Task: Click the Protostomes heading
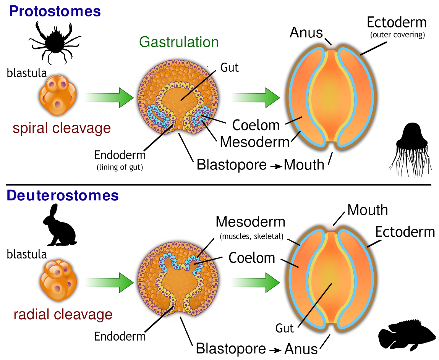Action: click(x=55, y=11)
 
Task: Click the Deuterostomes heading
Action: click(x=63, y=195)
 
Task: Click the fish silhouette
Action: click(x=407, y=335)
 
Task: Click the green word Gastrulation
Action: click(x=179, y=42)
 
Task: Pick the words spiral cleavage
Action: click(x=62, y=128)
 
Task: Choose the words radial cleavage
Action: click(x=63, y=315)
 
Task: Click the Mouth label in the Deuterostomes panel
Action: click(x=367, y=210)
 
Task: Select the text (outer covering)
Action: click(x=396, y=36)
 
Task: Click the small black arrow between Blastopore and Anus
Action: click(x=276, y=349)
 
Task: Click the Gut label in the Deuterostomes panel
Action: click(x=285, y=328)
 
